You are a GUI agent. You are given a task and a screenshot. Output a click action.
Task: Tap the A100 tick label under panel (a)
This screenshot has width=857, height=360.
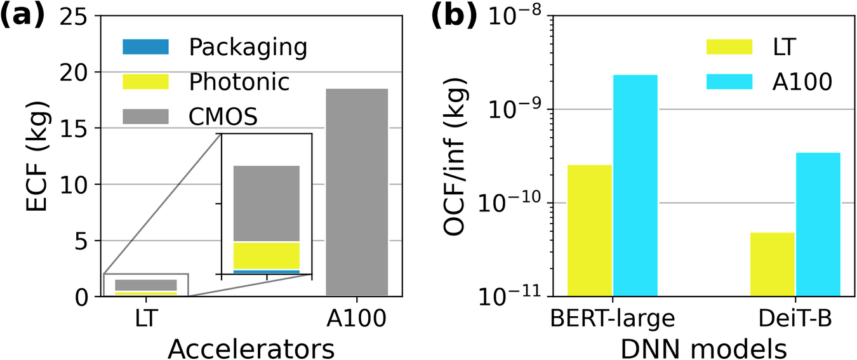(x=355, y=317)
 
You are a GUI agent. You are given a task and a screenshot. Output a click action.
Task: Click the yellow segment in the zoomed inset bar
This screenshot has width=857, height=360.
(x=267, y=255)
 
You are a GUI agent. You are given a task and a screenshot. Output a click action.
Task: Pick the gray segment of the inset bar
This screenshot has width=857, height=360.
(x=267, y=203)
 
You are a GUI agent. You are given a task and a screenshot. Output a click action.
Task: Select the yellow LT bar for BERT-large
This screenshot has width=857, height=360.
(x=590, y=230)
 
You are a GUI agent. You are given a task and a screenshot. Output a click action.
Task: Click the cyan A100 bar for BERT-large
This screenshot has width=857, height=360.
(x=635, y=185)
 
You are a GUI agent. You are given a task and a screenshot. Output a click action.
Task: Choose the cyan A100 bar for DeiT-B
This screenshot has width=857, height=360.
(x=818, y=223)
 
